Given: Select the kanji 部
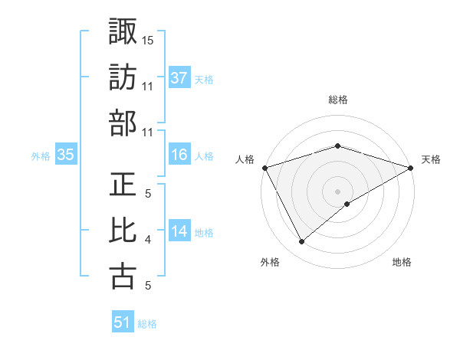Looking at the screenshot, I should pyautogui.click(x=123, y=123).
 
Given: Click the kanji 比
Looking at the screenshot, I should pyautogui.click(x=123, y=231).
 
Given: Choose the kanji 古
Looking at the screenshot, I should pyautogui.click(x=123, y=277).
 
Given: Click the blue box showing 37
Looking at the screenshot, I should pyautogui.click(x=179, y=77).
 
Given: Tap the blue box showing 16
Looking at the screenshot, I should pyautogui.click(x=179, y=155).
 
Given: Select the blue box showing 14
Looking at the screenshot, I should pyautogui.click(x=179, y=232).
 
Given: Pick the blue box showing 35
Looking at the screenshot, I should pyautogui.click(x=65, y=155).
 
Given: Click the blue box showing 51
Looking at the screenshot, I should pyautogui.click(x=123, y=322).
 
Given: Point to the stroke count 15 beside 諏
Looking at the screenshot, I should pyautogui.click(x=148, y=39).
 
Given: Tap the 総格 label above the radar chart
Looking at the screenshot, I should pyautogui.click(x=337, y=100).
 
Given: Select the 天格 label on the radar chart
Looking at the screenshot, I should pyautogui.click(x=431, y=159).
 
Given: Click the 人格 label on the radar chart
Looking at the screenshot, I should pyautogui.click(x=245, y=159).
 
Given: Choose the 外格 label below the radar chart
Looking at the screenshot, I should pyautogui.click(x=269, y=262).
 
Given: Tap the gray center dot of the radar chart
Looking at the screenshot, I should pyautogui.click(x=337, y=191).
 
